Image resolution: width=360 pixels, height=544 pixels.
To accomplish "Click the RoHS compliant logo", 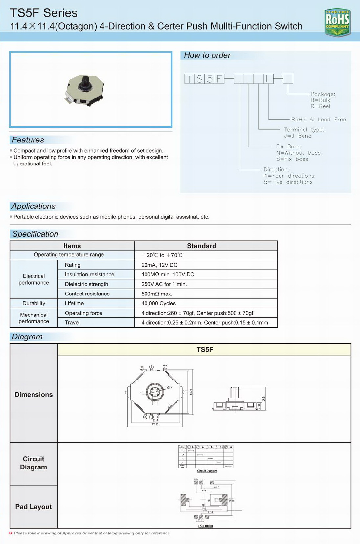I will [x=337, y=22].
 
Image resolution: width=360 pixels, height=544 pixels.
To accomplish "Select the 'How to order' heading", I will [x=207, y=55].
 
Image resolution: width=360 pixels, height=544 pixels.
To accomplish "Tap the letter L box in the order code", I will [x=268, y=79].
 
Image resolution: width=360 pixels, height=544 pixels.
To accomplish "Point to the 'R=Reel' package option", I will [x=320, y=106].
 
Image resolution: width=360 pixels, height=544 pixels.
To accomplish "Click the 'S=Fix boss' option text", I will [x=292, y=159].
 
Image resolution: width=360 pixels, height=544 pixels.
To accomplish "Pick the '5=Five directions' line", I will [x=288, y=182].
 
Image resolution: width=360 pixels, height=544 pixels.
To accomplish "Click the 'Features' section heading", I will [x=28, y=140].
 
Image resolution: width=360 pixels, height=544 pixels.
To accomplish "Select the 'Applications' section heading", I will [x=34, y=206].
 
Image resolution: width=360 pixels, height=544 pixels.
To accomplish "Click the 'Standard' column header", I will [x=201, y=246].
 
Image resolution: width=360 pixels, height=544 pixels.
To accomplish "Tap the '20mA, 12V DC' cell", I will [x=159, y=265].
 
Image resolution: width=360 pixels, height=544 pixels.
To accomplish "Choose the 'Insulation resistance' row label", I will [x=89, y=274].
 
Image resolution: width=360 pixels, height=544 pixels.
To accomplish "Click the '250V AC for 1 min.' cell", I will [x=164, y=284].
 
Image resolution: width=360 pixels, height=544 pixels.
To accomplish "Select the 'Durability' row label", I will [x=34, y=303].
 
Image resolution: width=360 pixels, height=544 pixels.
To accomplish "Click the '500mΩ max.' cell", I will [x=157, y=294].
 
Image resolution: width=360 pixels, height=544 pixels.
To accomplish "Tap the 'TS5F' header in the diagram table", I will [x=205, y=350].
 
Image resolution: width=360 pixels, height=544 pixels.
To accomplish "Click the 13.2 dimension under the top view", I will [x=155, y=424].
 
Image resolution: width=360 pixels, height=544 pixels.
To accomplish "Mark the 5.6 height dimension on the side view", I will [x=263, y=398].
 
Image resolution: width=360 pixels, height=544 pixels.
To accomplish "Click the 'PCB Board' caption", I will [x=205, y=526].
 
